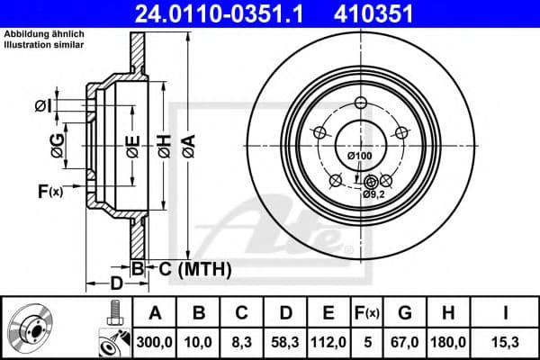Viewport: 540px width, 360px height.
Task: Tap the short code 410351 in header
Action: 388,13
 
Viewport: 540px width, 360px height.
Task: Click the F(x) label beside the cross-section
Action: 49,190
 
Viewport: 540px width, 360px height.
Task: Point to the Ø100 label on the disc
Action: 359,157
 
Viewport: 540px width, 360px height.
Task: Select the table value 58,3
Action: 284,340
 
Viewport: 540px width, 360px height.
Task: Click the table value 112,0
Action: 328,340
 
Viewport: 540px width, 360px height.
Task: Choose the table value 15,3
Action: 507,340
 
